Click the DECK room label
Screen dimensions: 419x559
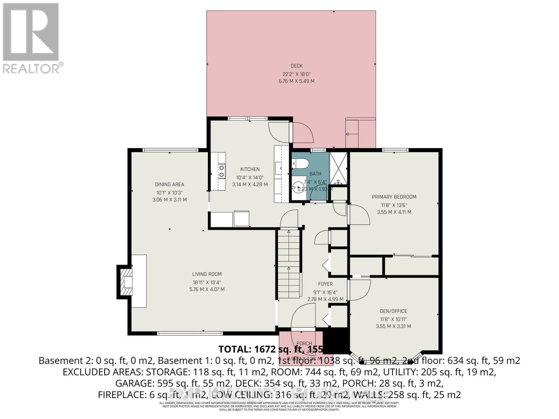pyautogui.click(x=296, y=66)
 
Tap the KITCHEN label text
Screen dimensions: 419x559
pyautogui.click(x=250, y=169)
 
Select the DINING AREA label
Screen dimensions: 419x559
pyautogui.click(x=169, y=184)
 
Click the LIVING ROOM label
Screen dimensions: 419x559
pyautogui.click(x=207, y=274)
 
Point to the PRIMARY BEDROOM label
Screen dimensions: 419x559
pyautogui.click(x=394, y=197)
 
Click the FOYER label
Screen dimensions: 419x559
pyautogui.click(x=325, y=284)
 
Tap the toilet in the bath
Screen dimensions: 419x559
pyautogui.click(x=300, y=163)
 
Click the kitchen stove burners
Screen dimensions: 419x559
pyautogui.click(x=222, y=171)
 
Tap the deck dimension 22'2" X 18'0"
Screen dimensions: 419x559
pyautogui.click(x=296, y=74)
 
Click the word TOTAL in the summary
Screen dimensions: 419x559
pyautogui.click(x=233, y=349)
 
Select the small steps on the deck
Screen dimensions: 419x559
pyautogui.click(x=352, y=134)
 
